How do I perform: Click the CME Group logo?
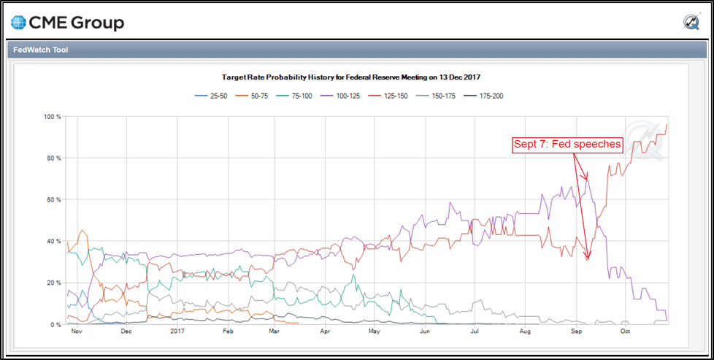(x=68, y=23)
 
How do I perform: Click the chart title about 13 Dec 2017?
(x=356, y=77)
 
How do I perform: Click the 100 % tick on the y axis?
(x=52, y=117)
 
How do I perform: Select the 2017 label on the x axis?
(x=177, y=332)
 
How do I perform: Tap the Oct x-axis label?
(x=625, y=332)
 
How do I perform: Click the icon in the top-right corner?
(x=691, y=23)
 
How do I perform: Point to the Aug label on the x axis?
(x=525, y=332)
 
